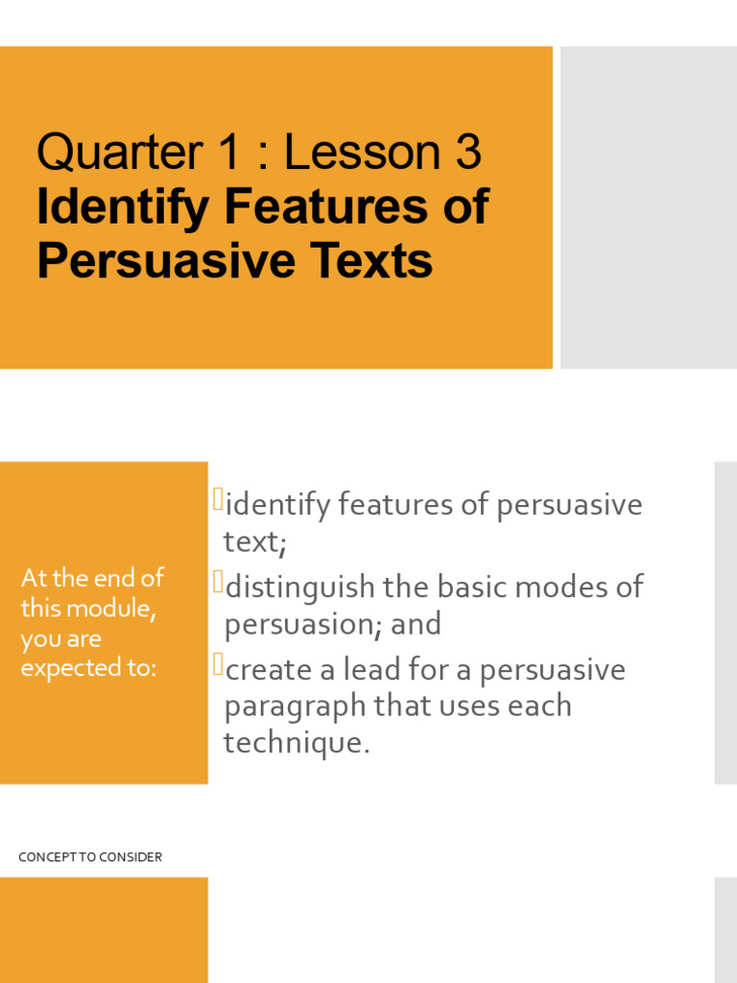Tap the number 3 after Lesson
[462, 153]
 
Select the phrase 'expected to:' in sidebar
[88, 669]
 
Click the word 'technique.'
[296, 743]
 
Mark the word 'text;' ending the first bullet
[255, 541]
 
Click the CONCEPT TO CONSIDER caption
[90, 857]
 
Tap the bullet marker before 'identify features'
[218, 499]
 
